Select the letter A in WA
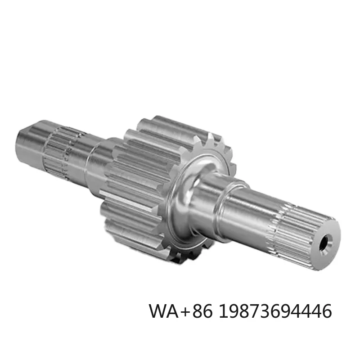(x=176, y=311)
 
